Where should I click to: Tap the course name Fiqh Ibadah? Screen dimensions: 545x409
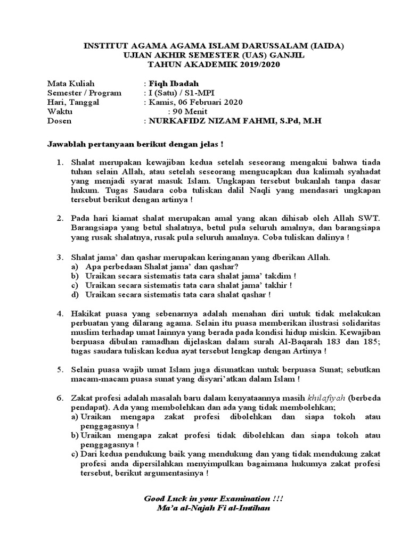[174, 84]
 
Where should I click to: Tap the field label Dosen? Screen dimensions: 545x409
[59, 121]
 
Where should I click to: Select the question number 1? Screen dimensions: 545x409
[60, 162]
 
